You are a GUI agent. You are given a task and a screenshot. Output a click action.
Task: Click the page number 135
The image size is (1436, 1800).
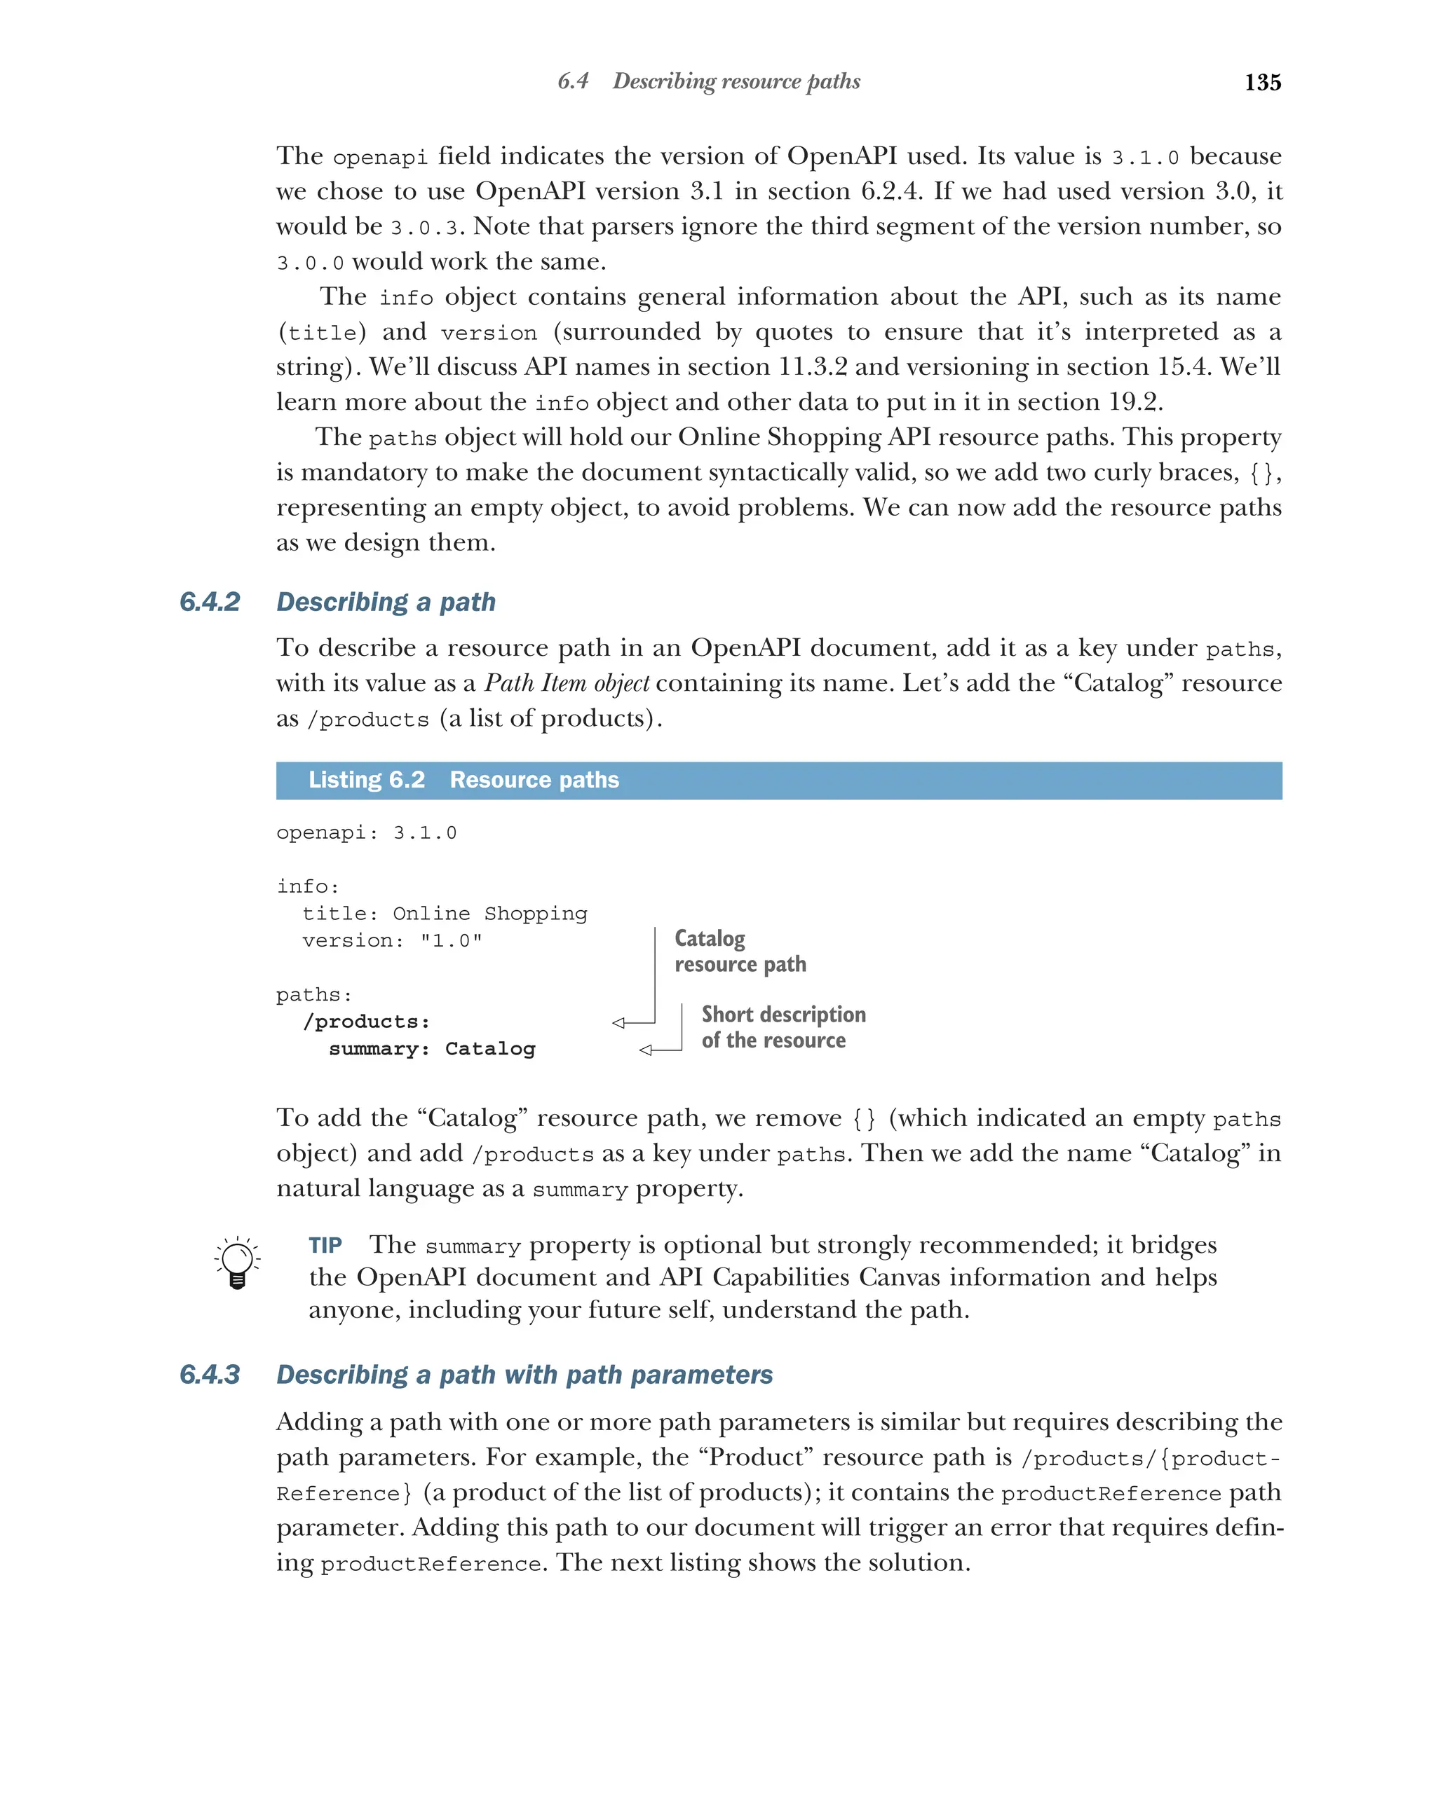coord(1261,82)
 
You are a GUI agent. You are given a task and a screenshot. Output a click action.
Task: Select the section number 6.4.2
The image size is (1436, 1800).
coord(210,601)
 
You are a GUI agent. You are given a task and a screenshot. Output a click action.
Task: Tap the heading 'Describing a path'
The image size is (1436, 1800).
coord(386,601)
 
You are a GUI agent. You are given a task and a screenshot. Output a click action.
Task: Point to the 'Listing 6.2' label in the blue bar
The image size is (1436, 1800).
coord(367,780)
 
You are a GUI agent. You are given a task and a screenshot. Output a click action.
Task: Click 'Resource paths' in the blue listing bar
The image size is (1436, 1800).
coord(534,780)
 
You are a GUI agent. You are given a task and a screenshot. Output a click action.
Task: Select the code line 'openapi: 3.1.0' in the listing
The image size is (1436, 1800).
coord(366,832)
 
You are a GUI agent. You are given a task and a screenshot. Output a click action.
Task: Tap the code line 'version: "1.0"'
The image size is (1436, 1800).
coord(392,940)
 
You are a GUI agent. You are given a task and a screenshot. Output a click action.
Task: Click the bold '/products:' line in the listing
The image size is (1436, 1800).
coord(367,1021)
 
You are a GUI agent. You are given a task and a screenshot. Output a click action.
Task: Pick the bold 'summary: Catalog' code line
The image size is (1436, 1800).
coord(431,1049)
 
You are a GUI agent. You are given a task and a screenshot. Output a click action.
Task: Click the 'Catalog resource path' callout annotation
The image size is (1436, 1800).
coord(739,951)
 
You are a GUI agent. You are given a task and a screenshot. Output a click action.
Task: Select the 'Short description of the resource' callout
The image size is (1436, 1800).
coord(783,1027)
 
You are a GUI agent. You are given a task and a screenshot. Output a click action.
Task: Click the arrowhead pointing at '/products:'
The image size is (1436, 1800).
coord(618,1023)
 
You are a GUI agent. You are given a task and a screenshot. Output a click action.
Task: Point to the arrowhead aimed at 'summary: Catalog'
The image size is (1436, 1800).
coord(645,1050)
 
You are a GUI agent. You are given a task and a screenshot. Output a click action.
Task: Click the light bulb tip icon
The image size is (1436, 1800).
coord(237,1263)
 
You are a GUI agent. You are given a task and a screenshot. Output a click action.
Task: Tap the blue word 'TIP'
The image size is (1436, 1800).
coord(325,1246)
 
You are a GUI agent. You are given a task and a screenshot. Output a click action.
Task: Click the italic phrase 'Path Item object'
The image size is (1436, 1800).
coord(567,683)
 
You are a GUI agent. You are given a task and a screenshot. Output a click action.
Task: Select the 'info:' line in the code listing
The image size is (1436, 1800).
coord(307,886)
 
